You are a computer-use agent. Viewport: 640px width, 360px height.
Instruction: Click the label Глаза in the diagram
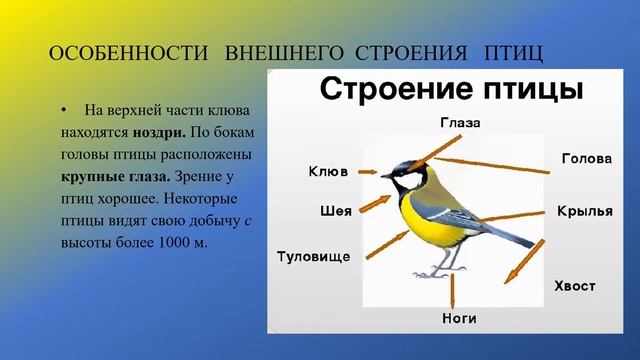(460, 124)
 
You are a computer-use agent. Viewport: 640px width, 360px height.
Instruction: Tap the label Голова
(586, 159)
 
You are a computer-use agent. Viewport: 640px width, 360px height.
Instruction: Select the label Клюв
(327, 171)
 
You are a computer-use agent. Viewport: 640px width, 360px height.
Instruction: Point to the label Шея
(335, 211)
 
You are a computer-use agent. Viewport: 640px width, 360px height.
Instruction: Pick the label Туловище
(312, 256)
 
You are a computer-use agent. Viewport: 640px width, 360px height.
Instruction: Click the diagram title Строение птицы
(451, 89)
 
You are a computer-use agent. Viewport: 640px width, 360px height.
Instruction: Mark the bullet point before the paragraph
(63, 108)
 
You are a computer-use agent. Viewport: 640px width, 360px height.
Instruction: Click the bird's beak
(384, 176)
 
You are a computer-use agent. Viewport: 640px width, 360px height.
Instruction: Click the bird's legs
(440, 263)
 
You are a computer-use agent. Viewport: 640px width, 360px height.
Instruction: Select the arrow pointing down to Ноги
(454, 293)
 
